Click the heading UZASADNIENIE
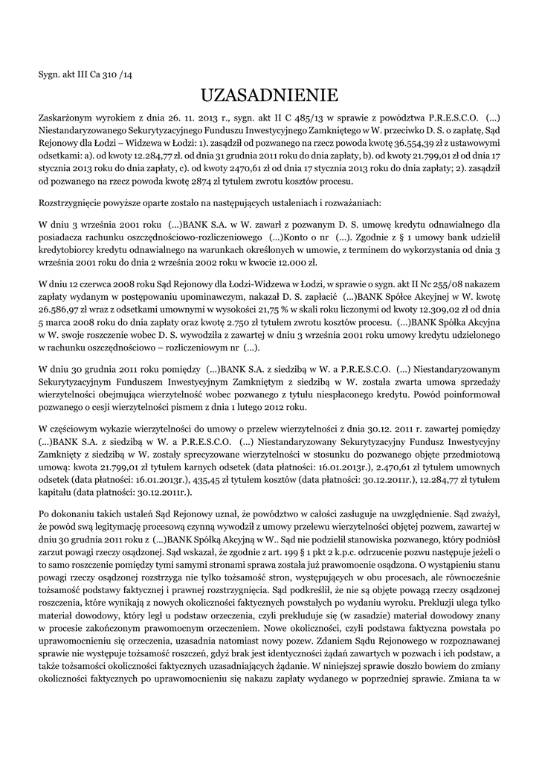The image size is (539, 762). coord(269,95)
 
